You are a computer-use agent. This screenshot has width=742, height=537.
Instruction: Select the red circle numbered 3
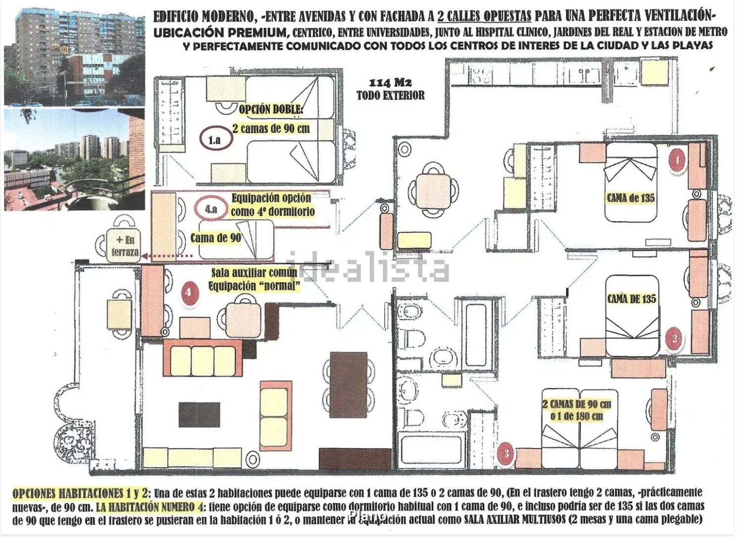507,453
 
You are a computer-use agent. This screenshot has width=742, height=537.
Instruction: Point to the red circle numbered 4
188,293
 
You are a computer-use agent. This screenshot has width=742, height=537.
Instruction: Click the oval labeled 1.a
215,140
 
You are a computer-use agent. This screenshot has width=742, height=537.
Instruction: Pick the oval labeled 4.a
211,209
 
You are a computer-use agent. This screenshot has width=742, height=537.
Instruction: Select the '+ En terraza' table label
125,245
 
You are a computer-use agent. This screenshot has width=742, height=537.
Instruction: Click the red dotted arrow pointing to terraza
167,255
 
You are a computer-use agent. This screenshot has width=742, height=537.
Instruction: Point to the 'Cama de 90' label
216,238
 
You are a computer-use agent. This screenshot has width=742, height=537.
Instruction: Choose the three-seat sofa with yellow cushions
203,360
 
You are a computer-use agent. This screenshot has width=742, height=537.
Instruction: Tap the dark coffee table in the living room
199,414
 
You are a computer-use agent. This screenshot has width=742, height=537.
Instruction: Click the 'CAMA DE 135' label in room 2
632,299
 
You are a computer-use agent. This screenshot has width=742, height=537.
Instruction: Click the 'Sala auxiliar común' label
254,273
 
